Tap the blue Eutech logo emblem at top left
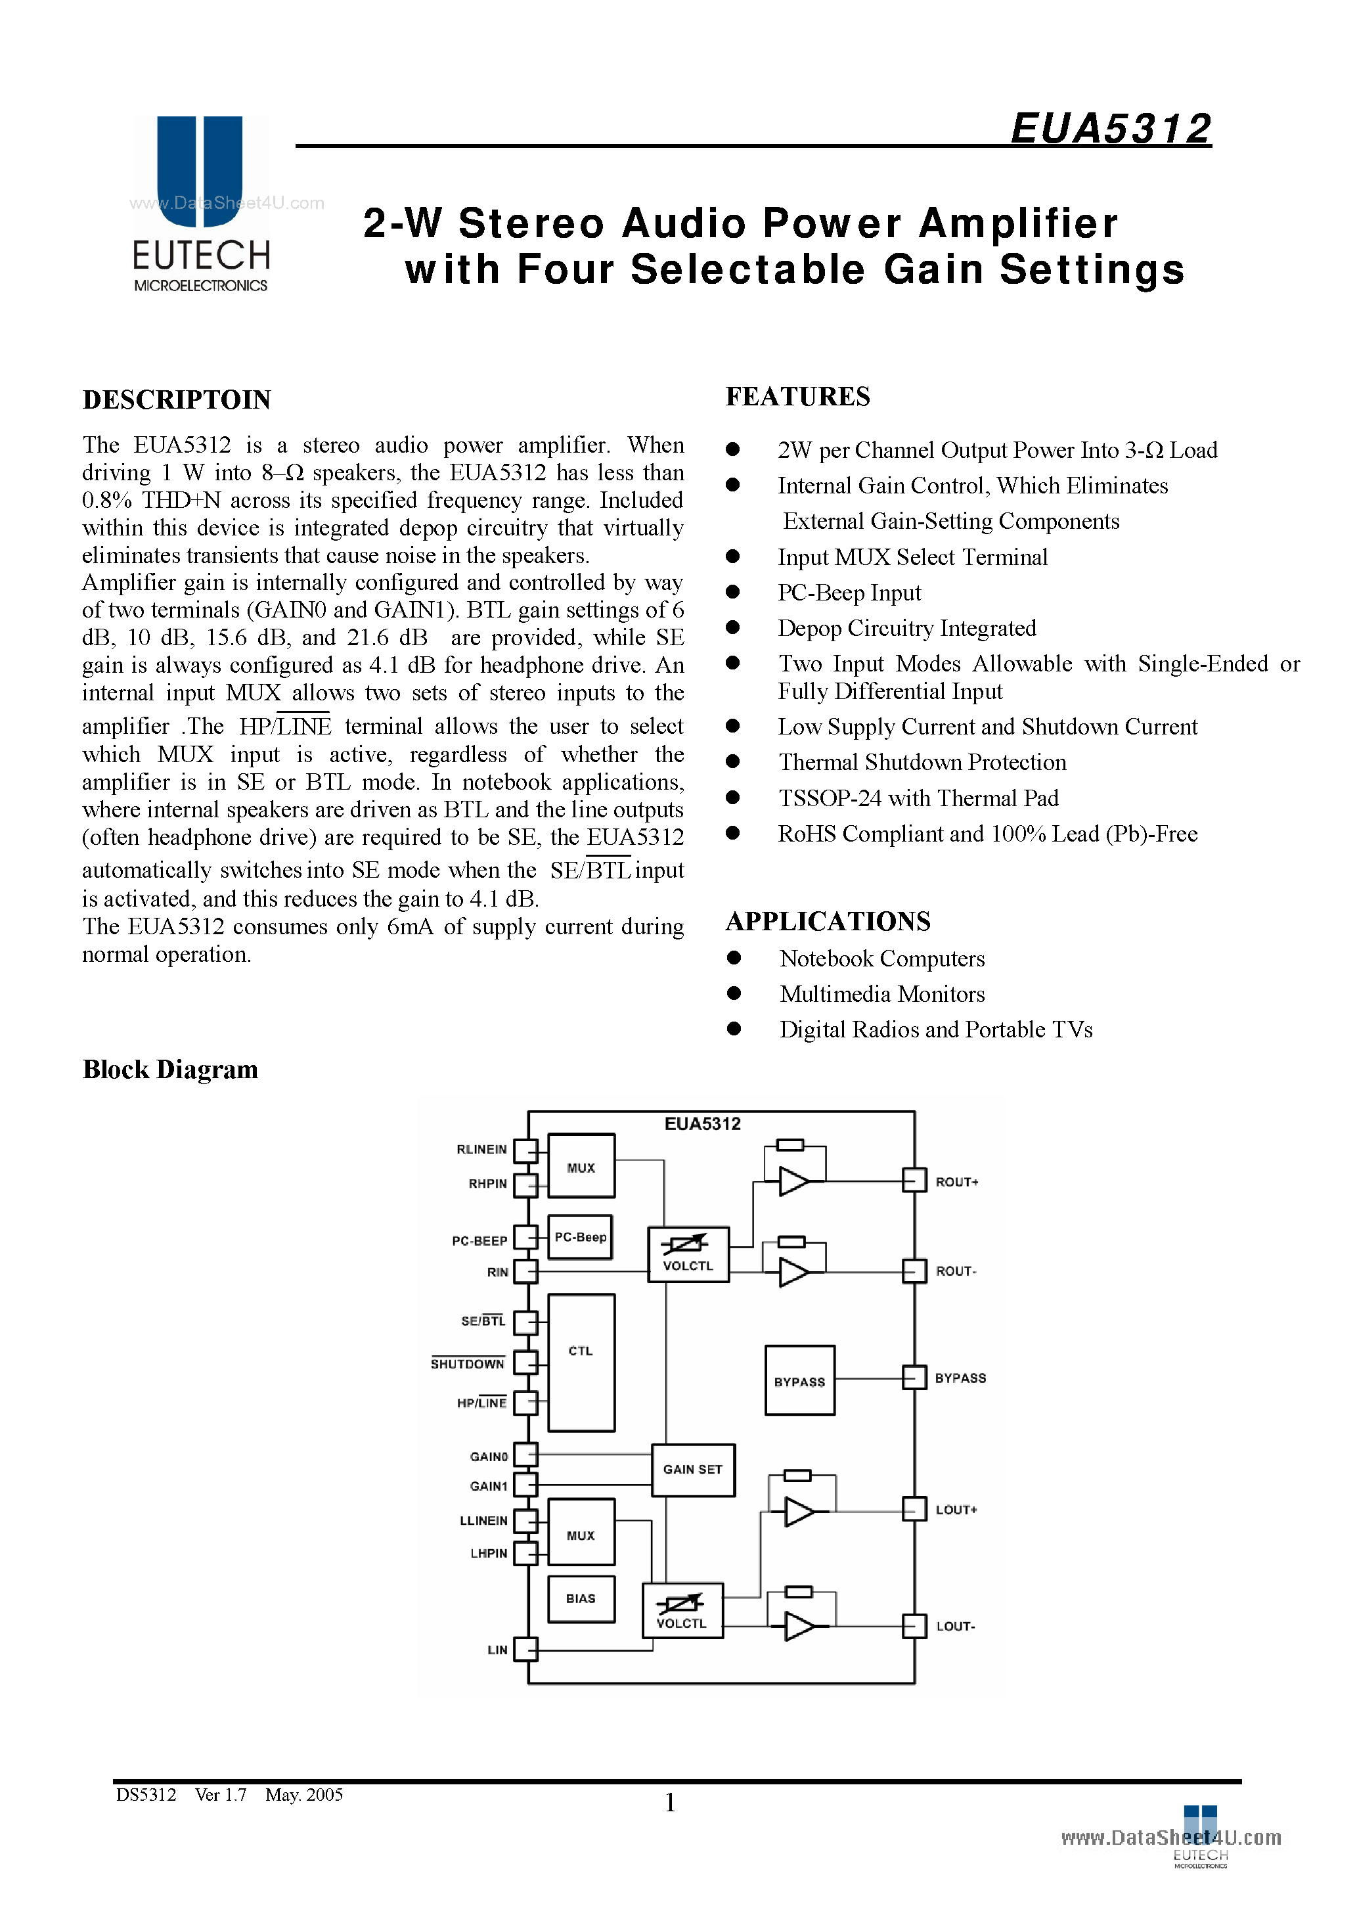pos(200,171)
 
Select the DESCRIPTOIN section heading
pos(177,400)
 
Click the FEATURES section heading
pos(797,397)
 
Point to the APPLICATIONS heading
pos(828,921)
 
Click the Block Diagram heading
pos(170,1070)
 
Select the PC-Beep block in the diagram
pos(581,1236)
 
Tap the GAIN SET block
pos(693,1469)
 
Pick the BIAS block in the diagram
pos(581,1598)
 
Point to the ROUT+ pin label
pos(956,1182)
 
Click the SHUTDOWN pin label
pos(468,1364)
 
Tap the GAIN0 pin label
pos(489,1457)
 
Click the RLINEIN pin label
pos(482,1150)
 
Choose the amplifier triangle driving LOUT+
pos(799,1512)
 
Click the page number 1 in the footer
pos(670,1802)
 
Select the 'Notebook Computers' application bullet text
pos(882,959)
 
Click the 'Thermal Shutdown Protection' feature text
pos(922,762)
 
